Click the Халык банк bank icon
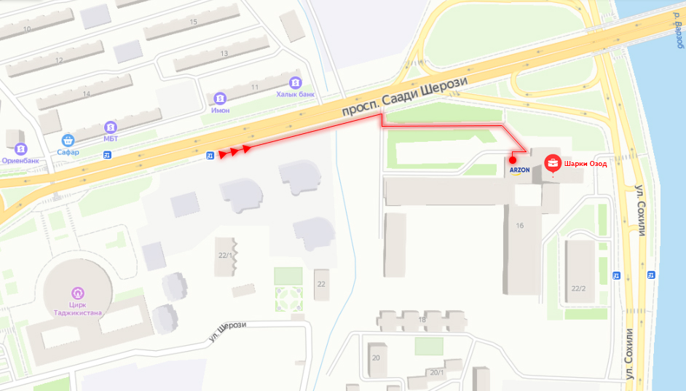tap(295, 82)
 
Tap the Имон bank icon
tap(220, 98)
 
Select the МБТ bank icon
tap(111, 126)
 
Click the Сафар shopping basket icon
tap(68, 140)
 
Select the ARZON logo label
tap(519, 170)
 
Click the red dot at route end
tap(513, 159)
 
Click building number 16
tap(519, 226)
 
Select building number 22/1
tap(224, 256)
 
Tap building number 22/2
tap(578, 288)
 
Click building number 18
tap(422, 320)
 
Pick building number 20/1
tap(436, 372)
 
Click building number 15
tap(193, 22)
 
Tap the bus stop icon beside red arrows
tap(210, 154)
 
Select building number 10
tap(27, 29)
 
